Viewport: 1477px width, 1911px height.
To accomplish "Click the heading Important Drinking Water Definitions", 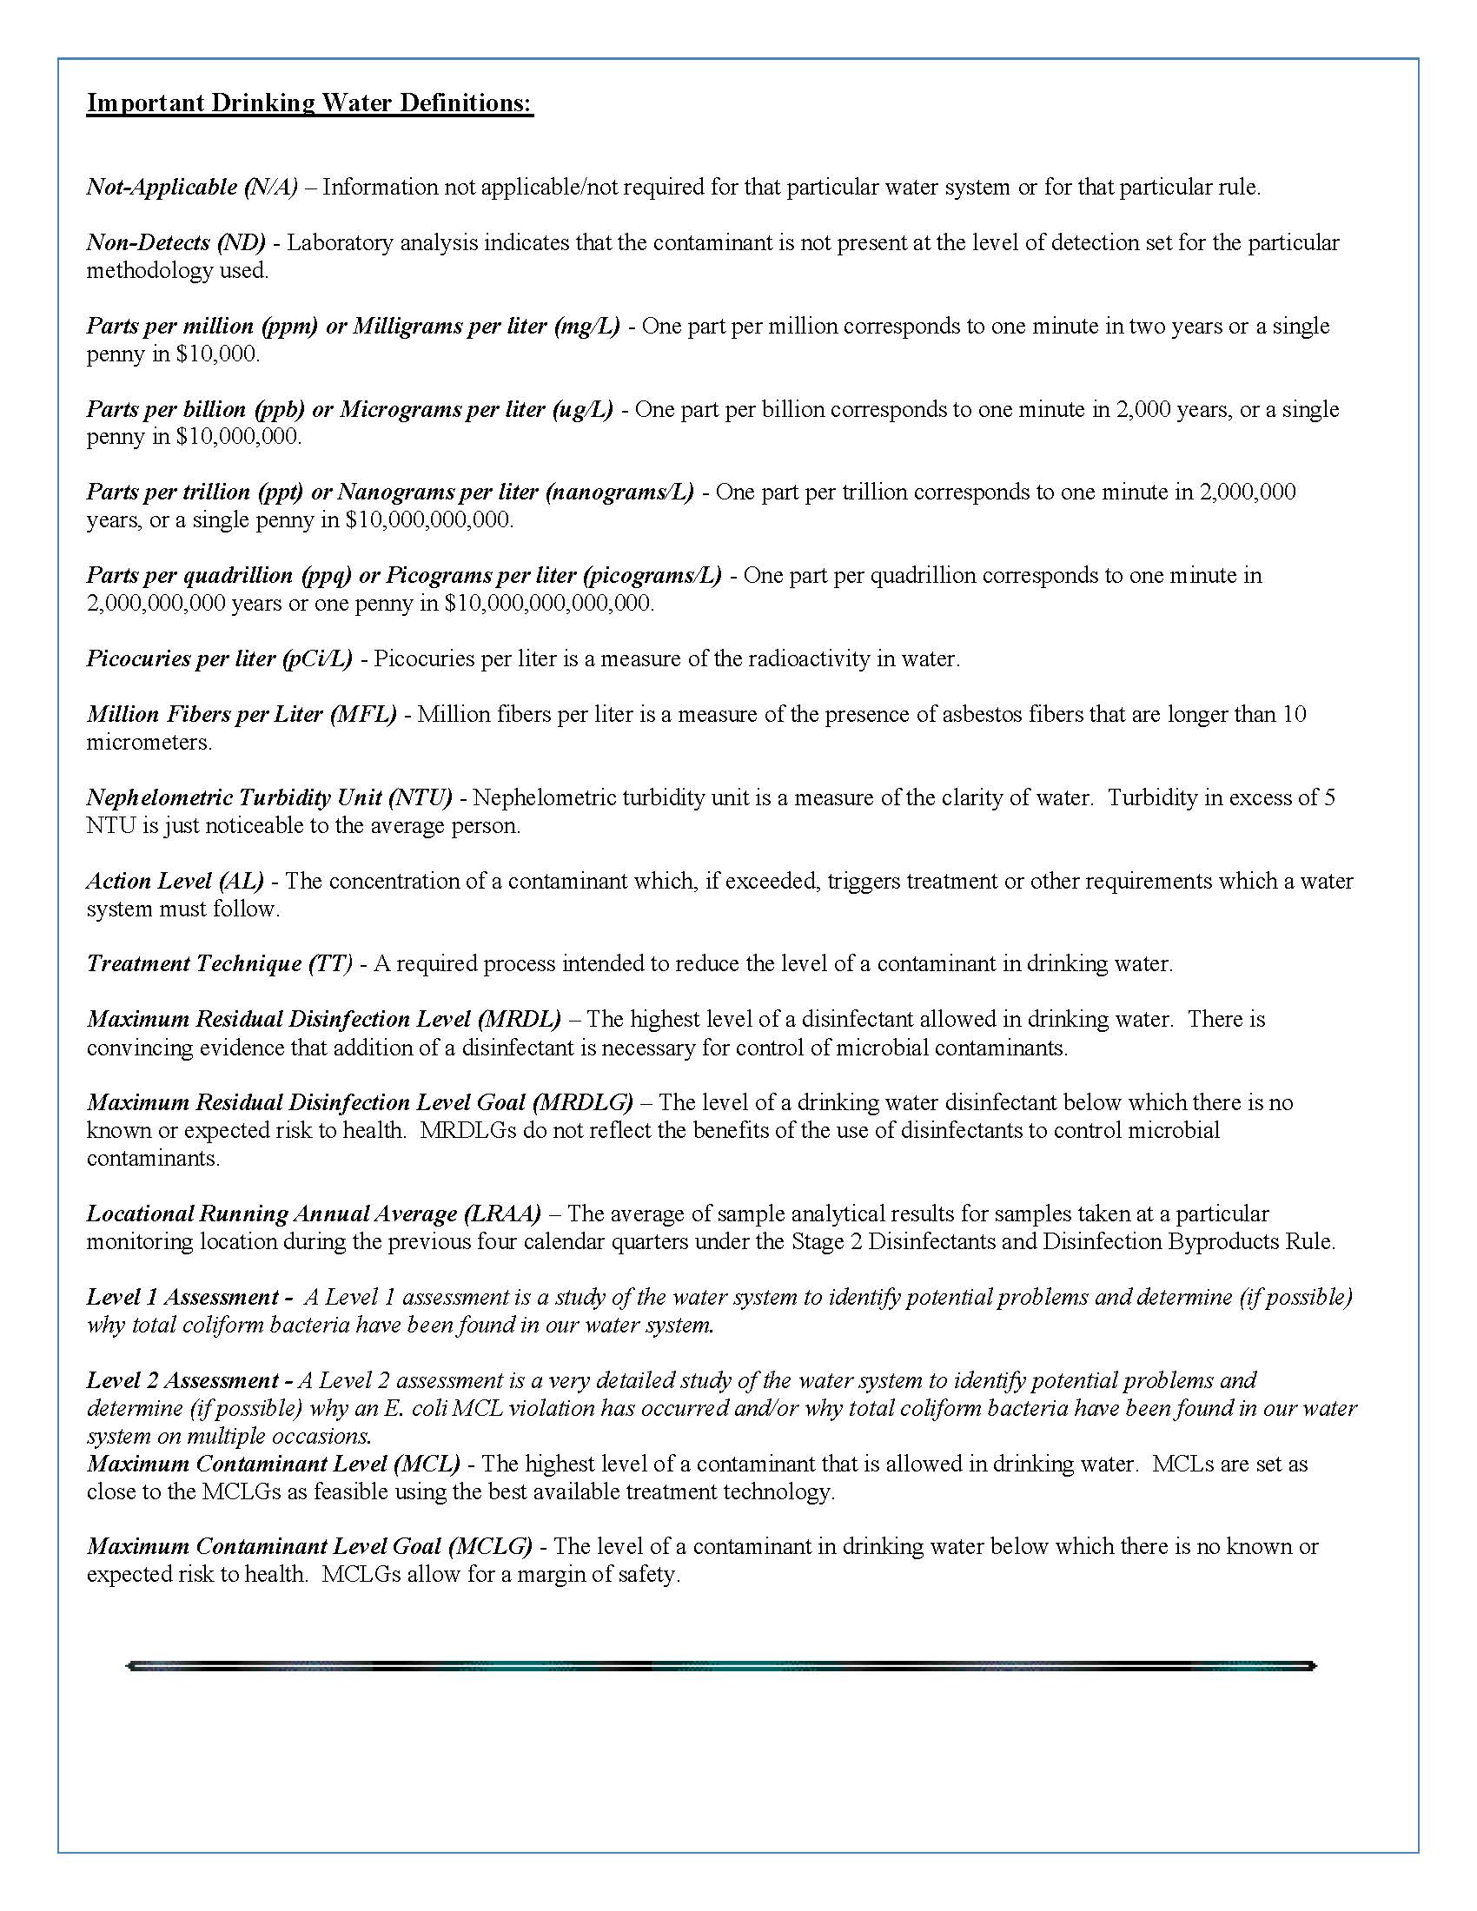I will click(x=310, y=103).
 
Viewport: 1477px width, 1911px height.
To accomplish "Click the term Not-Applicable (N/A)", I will click(x=192, y=187).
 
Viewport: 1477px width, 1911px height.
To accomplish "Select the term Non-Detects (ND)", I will click(x=175, y=242).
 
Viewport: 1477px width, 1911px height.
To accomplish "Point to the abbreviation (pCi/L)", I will click(x=317, y=658).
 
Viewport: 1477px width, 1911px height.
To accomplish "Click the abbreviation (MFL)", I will click(x=363, y=714).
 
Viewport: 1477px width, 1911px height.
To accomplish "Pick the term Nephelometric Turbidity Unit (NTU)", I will click(x=269, y=797).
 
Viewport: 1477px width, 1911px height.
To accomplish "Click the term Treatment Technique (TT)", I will click(x=220, y=963).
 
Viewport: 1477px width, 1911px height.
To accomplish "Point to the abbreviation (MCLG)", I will click(x=489, y=1546).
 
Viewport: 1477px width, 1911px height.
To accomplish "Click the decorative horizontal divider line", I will click(x=721, y=1666).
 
